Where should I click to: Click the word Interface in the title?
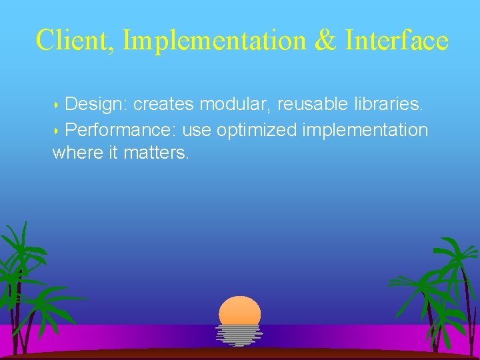click(397, 41)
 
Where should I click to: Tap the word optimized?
click(257, 129)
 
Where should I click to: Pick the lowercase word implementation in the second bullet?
click(365, 129)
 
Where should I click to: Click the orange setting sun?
click(239, 311)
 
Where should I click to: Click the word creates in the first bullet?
click(164, 105)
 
